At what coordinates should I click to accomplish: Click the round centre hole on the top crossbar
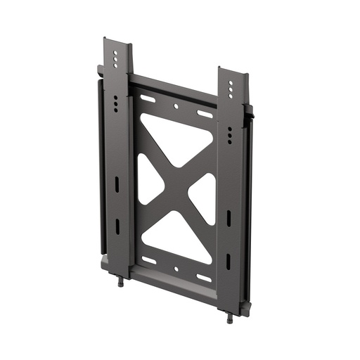176,106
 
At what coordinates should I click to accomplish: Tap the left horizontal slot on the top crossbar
148,98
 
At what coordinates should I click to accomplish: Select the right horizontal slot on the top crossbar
205,114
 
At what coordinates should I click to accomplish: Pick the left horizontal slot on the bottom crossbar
148,259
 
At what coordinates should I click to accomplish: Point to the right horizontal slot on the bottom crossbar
204,277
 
